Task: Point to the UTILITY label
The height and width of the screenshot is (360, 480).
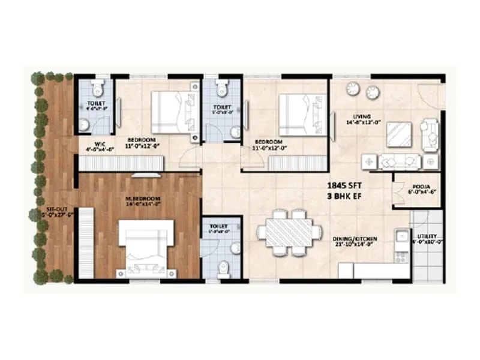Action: pyautogui.click(x=427, y=236)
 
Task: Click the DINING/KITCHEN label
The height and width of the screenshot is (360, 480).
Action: pyautogui.click(x=356, y=238)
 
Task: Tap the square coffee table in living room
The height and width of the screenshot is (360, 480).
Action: pyautogui.click(x=399, y=134)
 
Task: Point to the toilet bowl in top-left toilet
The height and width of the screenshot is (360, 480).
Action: pyautogui.click(x=98, y=89)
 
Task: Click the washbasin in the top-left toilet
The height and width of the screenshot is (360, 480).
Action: pyautogui.click(x=85, y=125)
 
